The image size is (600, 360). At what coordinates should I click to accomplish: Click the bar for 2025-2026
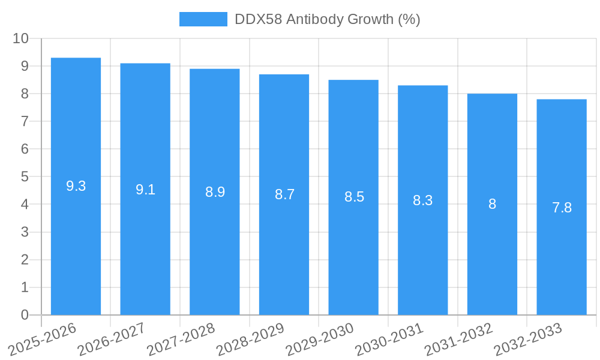coord(76,240)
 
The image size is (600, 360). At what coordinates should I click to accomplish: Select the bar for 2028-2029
coord(284,252)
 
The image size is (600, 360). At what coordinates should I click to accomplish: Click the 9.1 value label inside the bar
coord(145,190)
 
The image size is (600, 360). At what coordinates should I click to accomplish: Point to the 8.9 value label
coord(215,193)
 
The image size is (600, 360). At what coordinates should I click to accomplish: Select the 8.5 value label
coord(354,197)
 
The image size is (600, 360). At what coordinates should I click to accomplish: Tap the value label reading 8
coord(492,204)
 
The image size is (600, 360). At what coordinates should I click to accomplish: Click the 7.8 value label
coord(562,208)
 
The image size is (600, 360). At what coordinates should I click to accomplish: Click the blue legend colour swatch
coord(203,19)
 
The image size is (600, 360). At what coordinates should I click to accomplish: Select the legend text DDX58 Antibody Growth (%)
coord(327,19)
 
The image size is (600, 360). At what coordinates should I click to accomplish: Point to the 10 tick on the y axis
coord(21,38)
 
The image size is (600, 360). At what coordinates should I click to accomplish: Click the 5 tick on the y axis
coord(25,177)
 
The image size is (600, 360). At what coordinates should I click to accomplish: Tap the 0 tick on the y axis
coord(25,315)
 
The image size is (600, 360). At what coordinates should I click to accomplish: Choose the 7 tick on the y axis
coord(25,121)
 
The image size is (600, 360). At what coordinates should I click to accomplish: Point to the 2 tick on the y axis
coord(25,260)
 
